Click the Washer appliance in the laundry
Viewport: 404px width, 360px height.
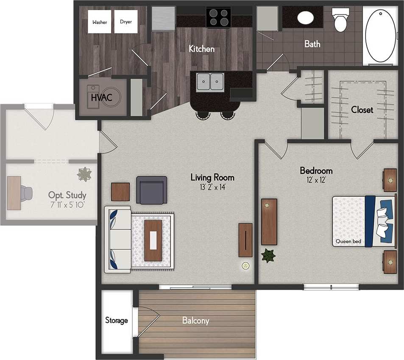coord(100,22)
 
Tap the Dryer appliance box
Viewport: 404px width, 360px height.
coord(126,22)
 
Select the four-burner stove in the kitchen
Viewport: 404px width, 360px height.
coord(218,17)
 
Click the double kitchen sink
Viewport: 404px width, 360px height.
coord(210,81)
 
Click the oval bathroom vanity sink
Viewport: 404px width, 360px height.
coord(305,17)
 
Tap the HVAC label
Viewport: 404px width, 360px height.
coord(101,98)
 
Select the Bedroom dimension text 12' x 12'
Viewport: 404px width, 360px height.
coord(316,180)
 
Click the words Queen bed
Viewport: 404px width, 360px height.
coord(348,242)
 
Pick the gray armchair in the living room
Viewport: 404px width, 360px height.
coord(151,190)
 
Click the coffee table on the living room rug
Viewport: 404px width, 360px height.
coord(153,240)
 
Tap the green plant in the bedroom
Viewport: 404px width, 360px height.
coord(268,256)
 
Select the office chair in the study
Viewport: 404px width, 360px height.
coord(27,193)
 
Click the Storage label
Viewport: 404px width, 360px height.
coord(117,321)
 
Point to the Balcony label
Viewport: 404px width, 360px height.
coord(195,321)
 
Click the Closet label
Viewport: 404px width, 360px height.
coord(362,110)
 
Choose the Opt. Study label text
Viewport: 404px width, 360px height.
coord(67,195)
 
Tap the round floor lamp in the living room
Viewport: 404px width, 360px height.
coord(245,266)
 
